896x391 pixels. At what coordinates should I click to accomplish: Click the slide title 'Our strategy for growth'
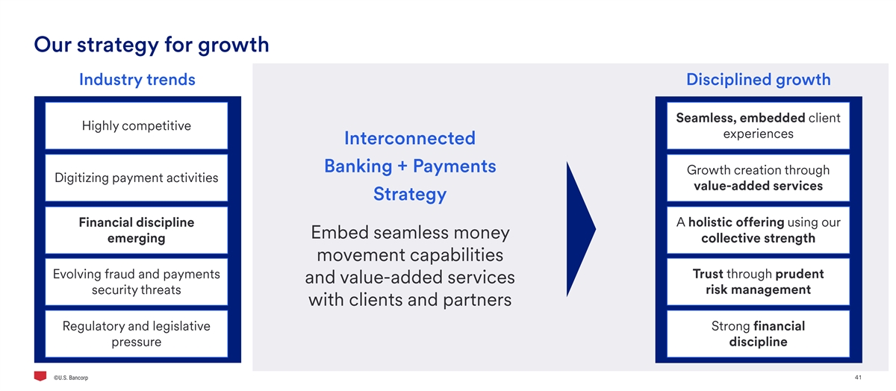(x=151, y=46)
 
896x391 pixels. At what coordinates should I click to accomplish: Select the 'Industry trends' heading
(x=137, y=80)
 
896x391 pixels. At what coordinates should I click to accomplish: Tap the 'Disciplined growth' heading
(x=759, y=80)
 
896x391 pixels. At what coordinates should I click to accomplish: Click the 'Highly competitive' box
(x=137, y=126)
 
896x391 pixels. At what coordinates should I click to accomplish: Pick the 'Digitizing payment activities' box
(x=137, y=178)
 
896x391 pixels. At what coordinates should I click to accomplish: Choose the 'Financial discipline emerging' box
(x=137, y=231)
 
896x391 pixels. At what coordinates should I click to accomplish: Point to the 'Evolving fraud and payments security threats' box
(x=137, y=282)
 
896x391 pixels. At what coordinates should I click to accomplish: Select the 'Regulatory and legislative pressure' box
(x=137, y=334)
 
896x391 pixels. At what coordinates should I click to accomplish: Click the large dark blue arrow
(x=581, y=229)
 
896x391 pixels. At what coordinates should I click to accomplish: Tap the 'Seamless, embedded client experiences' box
(x=759, y=126)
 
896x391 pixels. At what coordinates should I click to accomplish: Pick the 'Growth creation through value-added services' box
(x=759, y=178)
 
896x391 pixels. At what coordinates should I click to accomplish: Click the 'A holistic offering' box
(x=759, y=231)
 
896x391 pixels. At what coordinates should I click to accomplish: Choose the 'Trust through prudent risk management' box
(x=759, y=282)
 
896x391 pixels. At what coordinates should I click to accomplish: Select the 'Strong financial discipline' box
(x=759, y=334)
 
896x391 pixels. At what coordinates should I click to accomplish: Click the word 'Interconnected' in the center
(x=410, y=138)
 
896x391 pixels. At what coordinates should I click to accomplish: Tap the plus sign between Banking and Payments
(x=402, y=166)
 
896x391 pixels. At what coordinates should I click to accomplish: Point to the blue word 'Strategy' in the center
(x=410, y=195)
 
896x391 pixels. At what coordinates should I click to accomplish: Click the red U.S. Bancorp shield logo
(x=40, y=376)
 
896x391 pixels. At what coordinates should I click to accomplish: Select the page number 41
(x=858, y=378)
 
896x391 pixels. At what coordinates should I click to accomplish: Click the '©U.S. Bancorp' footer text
(x=71, y=378)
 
